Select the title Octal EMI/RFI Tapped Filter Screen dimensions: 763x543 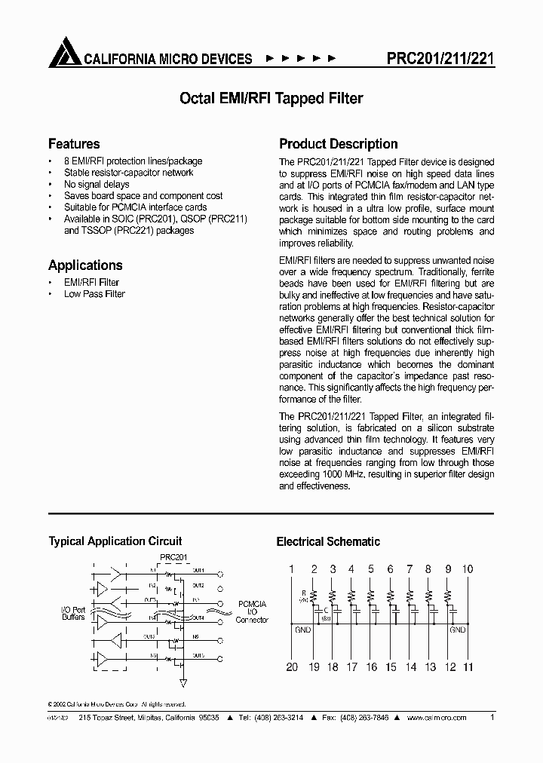click(x=271, y=98)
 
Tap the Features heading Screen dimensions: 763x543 click(x=74, y=144)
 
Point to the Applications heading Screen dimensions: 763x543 click(x=85, y=265)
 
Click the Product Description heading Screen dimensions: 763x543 click(x=339, y=144)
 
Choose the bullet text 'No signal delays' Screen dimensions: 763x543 click(x=97, y=185)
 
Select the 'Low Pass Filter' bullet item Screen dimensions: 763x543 click(x=94, y=294)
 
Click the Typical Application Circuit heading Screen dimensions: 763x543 click(x=115, y=541)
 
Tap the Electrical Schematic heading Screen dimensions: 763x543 click(x=328, y=541)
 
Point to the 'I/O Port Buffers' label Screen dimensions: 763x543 click(x=73, y=612)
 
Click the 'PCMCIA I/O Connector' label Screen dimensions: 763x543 click(x=252, y=611)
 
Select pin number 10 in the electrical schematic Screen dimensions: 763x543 click(x=468, y=569)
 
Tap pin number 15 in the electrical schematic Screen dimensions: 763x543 click(x=391, y=666)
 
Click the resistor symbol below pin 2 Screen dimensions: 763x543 click(x=311, y=593)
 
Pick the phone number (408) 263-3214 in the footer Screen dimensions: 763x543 click(x=278, y=719)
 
